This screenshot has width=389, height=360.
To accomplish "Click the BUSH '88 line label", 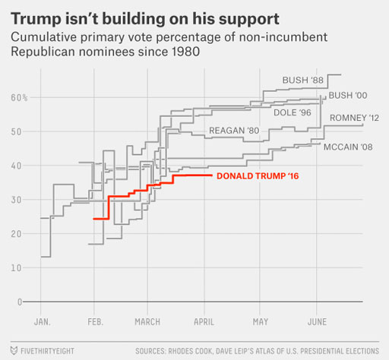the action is tap(303, 81).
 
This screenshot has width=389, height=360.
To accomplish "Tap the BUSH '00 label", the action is tap(348, 96).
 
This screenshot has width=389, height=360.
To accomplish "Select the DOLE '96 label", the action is tap(293, 112).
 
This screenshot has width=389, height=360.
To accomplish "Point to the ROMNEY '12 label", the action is tap(354, 118).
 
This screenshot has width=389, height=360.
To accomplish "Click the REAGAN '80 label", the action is tap(234, 131).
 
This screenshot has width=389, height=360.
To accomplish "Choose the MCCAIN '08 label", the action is tap(348, 147).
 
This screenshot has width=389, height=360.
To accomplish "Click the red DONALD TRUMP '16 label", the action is tap(258, 176).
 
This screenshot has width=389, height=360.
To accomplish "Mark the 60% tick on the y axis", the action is tap(19, 98).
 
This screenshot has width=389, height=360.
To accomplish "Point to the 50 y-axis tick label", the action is tap(16, 132).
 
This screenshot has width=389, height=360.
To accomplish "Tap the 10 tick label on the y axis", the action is tap(16, 268).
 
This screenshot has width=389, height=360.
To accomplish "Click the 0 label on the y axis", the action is tap(20, 302).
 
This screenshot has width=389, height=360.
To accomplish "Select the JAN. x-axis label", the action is tap(43, 322).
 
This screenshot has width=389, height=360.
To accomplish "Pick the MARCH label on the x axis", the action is tap(147, 322).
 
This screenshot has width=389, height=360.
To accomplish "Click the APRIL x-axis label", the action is tap(204, 322).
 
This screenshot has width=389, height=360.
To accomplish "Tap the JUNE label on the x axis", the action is tap(317, 322).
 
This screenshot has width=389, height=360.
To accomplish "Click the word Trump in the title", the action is tap(36, 19).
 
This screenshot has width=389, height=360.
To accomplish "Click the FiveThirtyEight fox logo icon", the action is tap(14, 351).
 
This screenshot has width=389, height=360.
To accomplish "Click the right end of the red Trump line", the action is tap(212, 175).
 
